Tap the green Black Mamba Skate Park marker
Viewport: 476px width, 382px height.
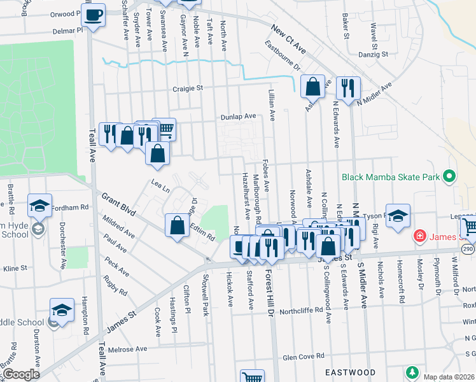[x=449, y=176]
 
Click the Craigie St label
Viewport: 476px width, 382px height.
[x=187, y=88]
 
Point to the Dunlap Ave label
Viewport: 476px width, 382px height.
[x=238, y=117]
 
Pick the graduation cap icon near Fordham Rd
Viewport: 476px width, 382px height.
[x=39, y=206]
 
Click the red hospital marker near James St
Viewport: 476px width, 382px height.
[x=419, y=237]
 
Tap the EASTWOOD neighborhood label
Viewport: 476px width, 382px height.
[x=350, y=371]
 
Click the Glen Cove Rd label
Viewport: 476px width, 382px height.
[x=304, y=357]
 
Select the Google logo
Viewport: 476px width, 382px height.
[x=21, y=374]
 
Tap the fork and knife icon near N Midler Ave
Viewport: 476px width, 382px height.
[x=348, y=88]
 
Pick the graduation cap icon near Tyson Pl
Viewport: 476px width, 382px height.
[x=398, y=216]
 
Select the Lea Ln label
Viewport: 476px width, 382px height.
[x=160, y=185]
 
